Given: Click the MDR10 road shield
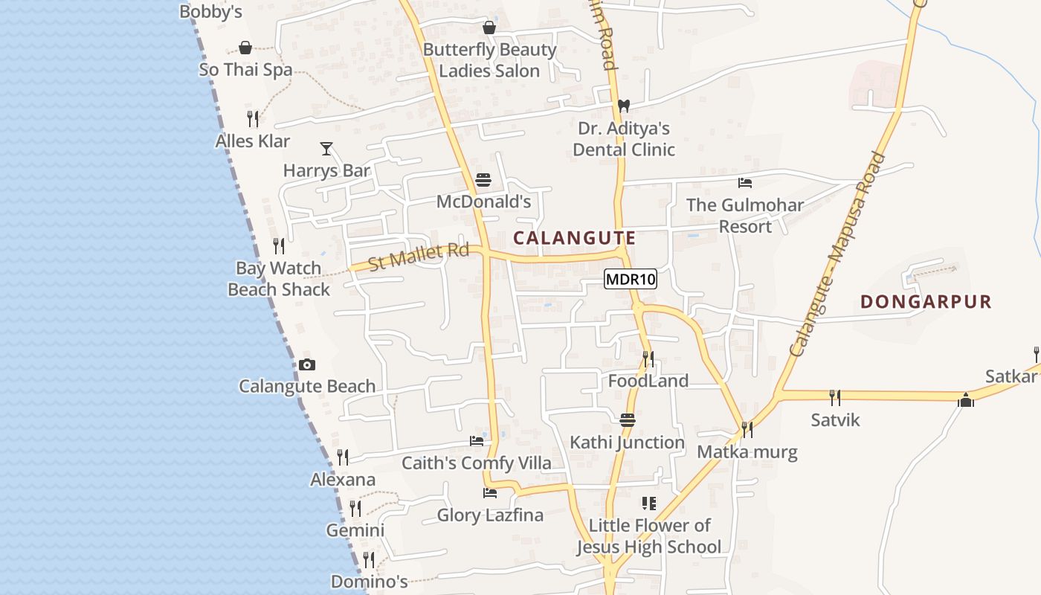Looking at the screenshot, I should pos(630,280).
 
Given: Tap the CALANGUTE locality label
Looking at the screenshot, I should pos(575,238).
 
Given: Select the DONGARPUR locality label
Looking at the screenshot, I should pos(926,301).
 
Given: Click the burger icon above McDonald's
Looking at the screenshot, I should pos(483,180).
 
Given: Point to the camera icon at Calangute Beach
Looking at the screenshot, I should pos(306,364).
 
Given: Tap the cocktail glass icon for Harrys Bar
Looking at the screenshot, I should pos(326,149).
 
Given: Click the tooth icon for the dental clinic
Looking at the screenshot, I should pos(623,106).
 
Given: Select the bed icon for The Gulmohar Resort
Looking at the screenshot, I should pos(745,183).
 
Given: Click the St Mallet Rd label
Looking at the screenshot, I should pos(419,257).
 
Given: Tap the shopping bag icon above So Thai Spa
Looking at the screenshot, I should pos(245,48).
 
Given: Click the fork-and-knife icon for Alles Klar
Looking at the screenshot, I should pos(253,118).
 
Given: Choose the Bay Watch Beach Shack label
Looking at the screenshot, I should pos(278,278).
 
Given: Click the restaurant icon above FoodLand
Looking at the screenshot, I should pos(648,359).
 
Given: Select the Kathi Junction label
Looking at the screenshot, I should pos(627,443).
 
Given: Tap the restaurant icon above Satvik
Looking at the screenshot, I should pos(835,398).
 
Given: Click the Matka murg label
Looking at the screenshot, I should pos(747,451).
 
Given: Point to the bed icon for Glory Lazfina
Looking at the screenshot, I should pos(489,492).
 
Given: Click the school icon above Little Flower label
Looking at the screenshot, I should pos(648,504).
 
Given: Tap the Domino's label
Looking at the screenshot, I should pos(369,581).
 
